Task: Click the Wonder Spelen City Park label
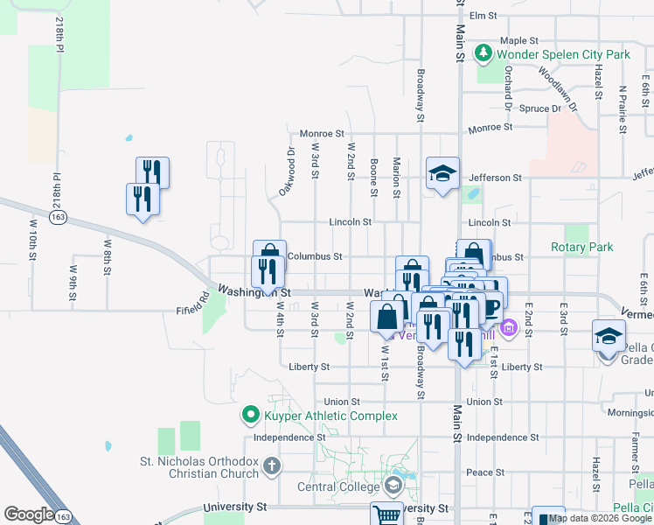tap(563, 54)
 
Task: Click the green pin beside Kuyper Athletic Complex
tap(250, 415)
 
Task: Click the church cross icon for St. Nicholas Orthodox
tap(272, 465)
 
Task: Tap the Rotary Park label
tap(581, 248)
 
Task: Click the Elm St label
tap(483, 16)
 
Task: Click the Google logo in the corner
tap(29, 514)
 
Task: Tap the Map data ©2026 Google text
tap(601, 519)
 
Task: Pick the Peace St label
tap(480, 472)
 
